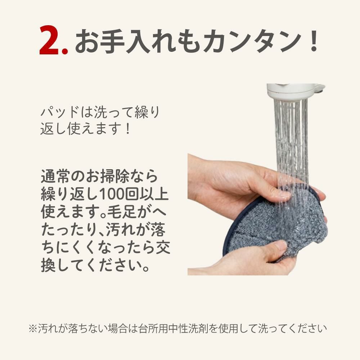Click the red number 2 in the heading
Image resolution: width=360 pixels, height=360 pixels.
[50, 40]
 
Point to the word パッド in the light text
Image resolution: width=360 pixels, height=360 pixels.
[60, 112]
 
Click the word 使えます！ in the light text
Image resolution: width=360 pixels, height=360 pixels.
[99, 129]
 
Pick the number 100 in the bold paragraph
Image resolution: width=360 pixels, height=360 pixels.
[111, 194]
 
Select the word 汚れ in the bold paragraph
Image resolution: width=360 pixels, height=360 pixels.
[120, 230]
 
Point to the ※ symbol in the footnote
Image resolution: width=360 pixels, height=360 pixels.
[33, 328]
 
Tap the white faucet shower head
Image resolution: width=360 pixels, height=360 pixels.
[295, 91]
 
